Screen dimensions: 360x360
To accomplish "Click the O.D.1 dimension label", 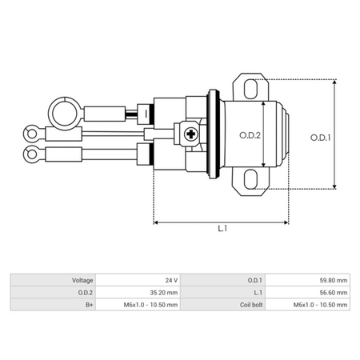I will [x=322, y=137].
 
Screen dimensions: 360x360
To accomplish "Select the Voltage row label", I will [x=82, y=280].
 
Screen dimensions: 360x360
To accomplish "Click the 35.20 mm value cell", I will [x=161, y=293].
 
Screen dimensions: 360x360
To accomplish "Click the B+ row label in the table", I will [x=88, y=306].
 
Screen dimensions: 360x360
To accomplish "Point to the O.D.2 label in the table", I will [x=85, y=293].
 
